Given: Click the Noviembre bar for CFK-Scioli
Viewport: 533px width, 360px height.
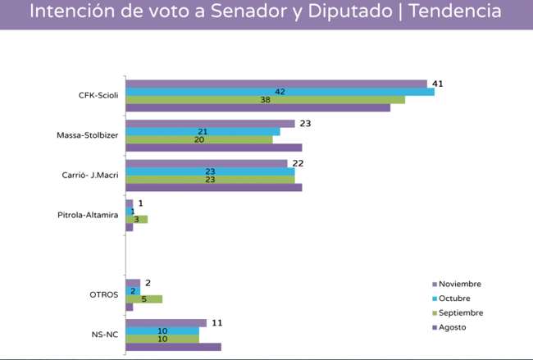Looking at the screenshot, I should [x=276, y=84].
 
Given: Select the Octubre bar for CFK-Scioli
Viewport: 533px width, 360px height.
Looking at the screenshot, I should [x=279, y=92].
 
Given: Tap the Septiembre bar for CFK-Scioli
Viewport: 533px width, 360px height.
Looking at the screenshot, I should [x=264, y=100].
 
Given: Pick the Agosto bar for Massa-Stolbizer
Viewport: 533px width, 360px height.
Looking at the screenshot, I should [x=213, y=148].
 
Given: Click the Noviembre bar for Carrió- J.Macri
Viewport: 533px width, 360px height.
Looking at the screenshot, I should [x=206, y=163].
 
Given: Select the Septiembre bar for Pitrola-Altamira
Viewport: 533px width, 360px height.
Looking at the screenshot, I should [x=136, y=219].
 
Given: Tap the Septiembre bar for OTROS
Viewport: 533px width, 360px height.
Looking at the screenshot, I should [x=143, y=299].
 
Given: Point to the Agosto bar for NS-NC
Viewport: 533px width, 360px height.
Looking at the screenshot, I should [x=173, y=347].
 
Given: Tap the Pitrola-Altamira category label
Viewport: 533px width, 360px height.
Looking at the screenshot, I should [x=88, y=215].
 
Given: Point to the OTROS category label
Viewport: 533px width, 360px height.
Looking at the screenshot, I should [x=104, y=295].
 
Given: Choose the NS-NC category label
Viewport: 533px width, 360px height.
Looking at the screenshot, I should [x=104, y=335].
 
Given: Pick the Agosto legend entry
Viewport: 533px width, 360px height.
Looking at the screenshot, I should [x=453, y=328].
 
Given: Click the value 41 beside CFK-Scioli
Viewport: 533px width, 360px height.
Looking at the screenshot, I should [x=438, y=84].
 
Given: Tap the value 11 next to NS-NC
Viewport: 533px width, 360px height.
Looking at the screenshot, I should [x=216, y=322].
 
